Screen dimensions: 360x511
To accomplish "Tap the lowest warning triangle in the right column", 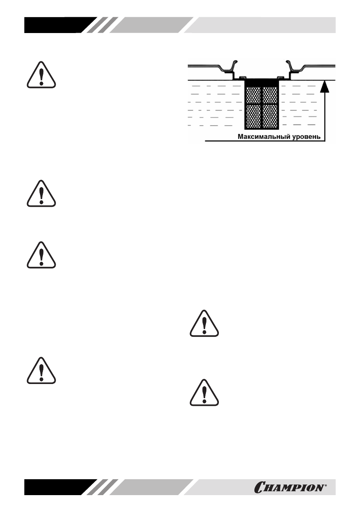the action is (204, 392).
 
